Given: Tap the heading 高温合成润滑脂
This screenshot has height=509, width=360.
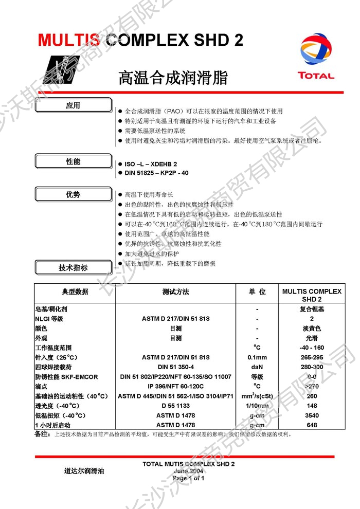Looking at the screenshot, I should click(173, 78).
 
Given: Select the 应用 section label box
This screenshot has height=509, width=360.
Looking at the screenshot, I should click(73, 106).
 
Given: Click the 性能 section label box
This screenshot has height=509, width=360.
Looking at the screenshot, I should click(73, 161).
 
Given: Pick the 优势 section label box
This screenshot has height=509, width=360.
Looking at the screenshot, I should click(73, 195).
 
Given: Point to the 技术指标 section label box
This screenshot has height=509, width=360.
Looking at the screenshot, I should click(73, 268).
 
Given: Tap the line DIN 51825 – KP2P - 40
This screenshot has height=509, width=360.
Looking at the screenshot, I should click(156, 173).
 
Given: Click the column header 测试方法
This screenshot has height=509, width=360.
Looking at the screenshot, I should click(175, 292).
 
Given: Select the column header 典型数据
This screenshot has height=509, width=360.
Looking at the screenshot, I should click(75, 292).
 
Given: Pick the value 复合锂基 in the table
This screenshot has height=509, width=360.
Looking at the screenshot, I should click(312, 310).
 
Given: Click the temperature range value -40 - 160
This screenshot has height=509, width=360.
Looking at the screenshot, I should click(312, 348).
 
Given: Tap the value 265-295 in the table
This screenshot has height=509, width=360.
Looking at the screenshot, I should click(312, 357).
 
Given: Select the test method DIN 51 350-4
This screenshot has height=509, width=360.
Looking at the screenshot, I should click(175, 367).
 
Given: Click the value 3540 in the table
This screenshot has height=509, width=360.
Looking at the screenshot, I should click(312, 415).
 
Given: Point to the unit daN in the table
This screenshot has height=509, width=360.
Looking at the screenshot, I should click(257, 367).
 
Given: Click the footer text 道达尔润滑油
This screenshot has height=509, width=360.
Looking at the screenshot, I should click(84, 470).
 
